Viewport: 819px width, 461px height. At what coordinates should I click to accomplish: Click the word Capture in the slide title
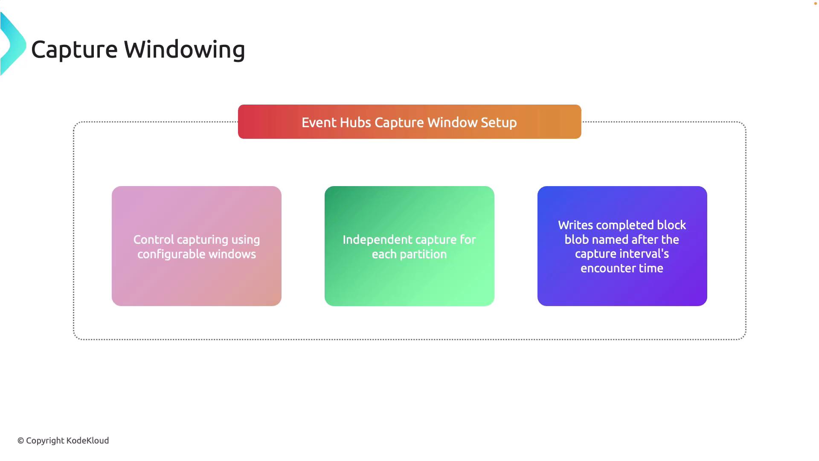[74, 50]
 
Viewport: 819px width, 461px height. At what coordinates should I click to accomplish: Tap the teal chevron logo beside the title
[13, 44]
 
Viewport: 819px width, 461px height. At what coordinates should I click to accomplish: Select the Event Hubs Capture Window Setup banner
[409, 122]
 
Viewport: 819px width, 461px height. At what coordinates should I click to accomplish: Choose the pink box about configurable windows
[197, 246]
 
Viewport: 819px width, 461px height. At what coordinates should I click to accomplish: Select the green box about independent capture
[409, 246]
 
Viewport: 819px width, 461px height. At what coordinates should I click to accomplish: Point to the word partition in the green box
[424, 254]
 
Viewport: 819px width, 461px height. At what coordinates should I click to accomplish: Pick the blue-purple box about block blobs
[622, 246]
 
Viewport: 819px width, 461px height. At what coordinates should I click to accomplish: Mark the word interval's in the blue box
[644, 254]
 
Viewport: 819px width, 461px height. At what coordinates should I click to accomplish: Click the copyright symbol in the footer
[20, 441]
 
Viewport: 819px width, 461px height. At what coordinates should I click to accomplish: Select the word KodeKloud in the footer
[87, 441]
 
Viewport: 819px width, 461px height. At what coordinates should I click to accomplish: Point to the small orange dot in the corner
[816, 3]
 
